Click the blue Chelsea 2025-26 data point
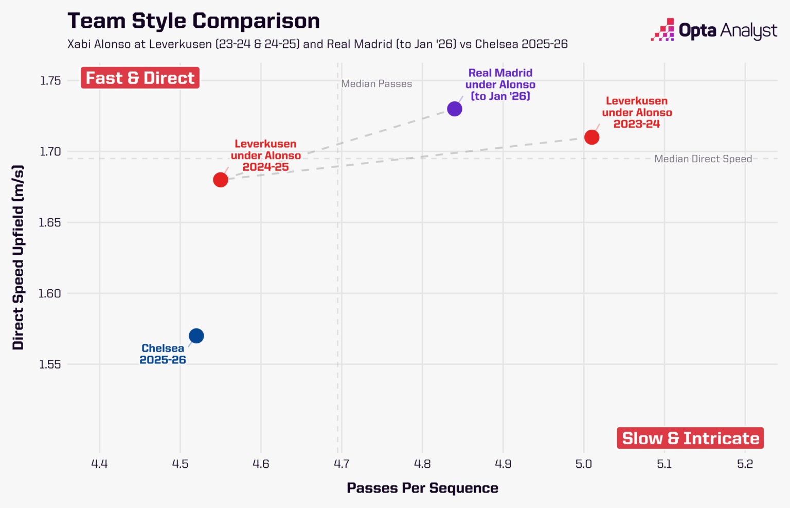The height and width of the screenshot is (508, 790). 196,336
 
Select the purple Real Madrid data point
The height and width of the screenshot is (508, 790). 455,109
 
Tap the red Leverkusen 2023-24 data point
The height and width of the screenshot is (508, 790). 592,137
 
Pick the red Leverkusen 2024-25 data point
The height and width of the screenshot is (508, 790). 221,180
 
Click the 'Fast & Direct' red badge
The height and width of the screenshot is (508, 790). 140,78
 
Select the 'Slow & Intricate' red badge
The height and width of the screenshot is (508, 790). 690,438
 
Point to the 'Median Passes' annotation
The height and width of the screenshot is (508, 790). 376,84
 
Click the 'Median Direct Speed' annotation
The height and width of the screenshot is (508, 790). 703,159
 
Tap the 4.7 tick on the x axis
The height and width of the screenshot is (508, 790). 342,464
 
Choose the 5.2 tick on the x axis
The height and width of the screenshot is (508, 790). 745,464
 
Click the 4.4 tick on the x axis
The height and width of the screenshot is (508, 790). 99,464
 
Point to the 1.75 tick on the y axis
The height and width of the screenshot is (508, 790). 50,81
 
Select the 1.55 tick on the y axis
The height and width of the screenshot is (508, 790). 50,364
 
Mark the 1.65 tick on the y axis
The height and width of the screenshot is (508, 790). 50,222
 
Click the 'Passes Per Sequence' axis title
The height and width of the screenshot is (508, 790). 422,488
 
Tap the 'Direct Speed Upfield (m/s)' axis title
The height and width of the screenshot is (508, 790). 18,257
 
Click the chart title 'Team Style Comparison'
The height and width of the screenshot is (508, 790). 193,21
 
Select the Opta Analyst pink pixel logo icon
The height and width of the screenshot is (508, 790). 662,30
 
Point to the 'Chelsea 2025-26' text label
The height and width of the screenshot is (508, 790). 163,354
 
